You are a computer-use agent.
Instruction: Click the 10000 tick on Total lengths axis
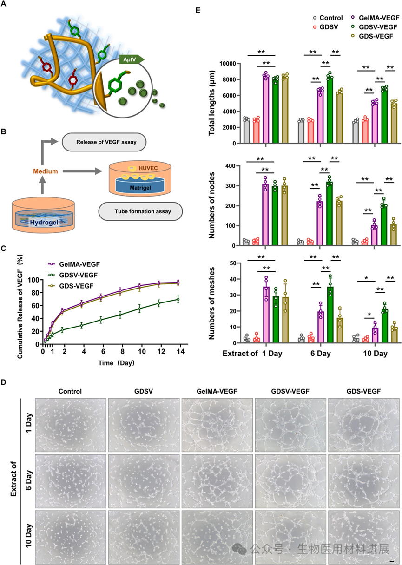click(x=235, y=63)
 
